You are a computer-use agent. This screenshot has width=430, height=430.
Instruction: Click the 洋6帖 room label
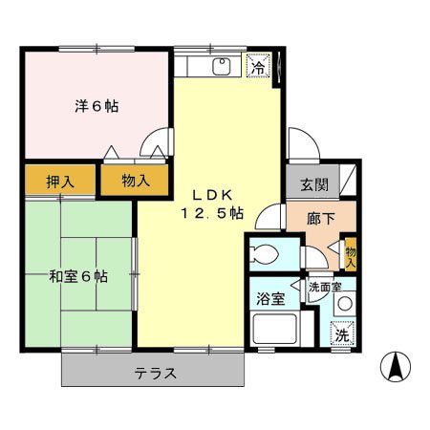[97, 106]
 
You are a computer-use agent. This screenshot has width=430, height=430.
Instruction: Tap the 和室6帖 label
[78, 277]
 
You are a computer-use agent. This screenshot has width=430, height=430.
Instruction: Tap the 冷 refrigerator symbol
[257, 67]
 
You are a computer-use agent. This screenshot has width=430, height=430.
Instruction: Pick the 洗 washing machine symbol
[342, 334]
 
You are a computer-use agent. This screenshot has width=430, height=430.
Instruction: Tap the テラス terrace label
[154, 373]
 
